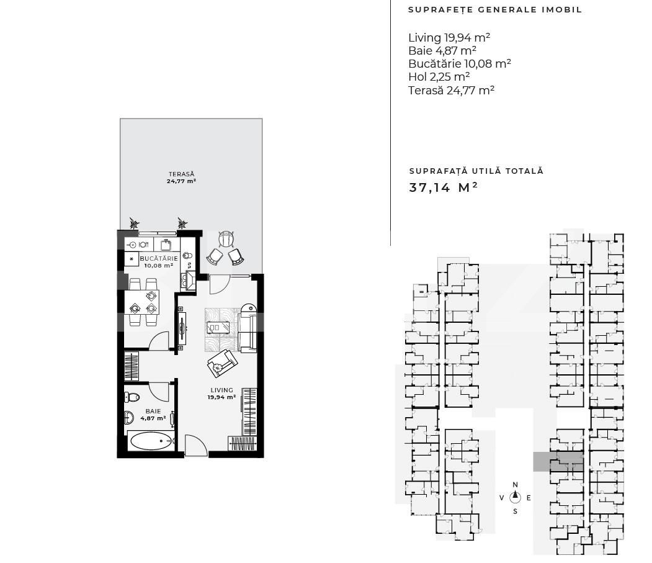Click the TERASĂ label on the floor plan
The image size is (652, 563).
pos(181,174)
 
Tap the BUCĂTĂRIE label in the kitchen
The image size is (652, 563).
pos(159,258)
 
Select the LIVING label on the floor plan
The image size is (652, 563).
pos(221,390)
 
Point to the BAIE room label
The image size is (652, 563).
pos(153,412)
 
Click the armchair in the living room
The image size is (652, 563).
pos(221,363)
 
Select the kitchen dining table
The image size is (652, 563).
pos(142,302)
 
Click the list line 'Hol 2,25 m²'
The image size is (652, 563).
pos(439,77)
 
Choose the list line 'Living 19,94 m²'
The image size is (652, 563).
pos(445,38)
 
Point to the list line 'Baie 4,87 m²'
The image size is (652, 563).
pos(442,51)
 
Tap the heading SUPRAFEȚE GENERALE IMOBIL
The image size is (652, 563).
pos(495,10)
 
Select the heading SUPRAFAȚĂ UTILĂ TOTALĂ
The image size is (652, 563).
pos(476,171)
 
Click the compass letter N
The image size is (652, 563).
pos(515,485)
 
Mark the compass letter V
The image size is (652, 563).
pos(501,498)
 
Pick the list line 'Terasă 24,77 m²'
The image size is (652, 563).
pos(451,90)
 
